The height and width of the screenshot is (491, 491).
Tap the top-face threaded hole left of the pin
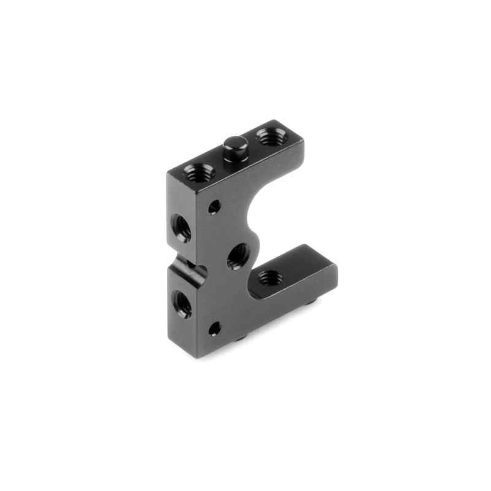[199, 172]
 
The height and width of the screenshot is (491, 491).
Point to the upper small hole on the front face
[214, 207]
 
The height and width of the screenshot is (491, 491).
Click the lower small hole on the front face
[214, 330]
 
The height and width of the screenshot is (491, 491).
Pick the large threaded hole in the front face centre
[238, 255]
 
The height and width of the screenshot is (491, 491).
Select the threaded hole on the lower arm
[268, 277]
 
